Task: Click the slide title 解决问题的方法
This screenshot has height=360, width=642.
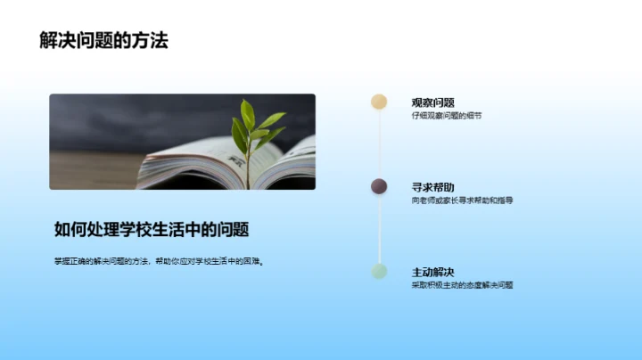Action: pos(104,41)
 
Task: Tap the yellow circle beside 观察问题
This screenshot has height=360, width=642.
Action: pos(379,102)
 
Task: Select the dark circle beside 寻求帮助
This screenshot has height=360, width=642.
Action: pos(379,186)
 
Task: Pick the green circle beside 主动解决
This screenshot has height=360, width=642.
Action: pos(379,271)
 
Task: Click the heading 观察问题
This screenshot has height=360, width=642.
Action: pos(432,102)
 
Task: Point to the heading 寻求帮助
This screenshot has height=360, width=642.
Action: pos(432,186)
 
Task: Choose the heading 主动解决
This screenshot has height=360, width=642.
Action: pos(432,271)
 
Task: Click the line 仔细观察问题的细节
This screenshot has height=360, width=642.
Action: pos(446,116)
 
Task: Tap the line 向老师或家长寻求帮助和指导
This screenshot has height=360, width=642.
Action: pos(462,200)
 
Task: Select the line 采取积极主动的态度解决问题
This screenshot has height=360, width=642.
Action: pos(462,285)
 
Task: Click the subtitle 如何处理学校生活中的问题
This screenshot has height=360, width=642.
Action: pos(151,229)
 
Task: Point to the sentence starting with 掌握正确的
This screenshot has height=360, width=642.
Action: pos(160,261)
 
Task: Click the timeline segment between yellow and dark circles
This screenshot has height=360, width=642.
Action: pos(379,144)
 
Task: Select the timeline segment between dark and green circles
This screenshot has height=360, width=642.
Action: pos(379,229)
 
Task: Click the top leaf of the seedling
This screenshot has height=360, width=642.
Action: pos(247,110)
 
